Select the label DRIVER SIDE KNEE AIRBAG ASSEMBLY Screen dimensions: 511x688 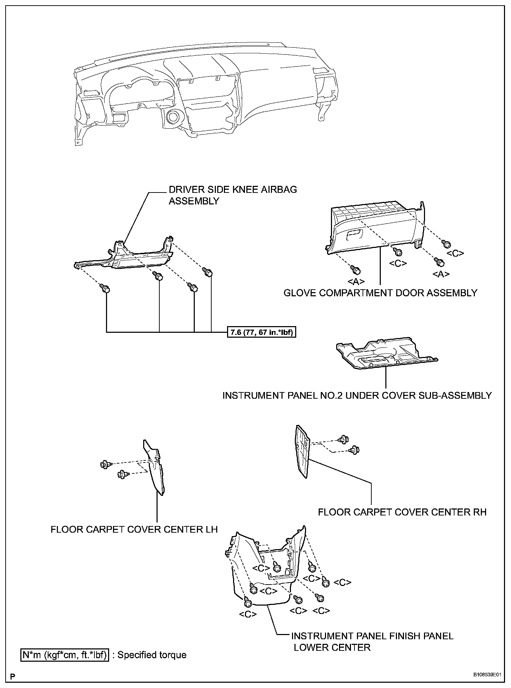coord(233,195)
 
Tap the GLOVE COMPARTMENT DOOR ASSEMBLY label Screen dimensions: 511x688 coord(380,293)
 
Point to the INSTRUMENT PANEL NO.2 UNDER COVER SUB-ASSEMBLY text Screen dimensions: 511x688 coord(357,395)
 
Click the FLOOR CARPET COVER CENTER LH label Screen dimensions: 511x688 coord(134,529)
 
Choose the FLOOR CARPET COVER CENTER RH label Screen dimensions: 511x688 coord(402,512)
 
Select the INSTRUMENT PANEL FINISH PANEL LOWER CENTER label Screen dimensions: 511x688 coord(372,641)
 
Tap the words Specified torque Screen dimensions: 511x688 coord(152,655)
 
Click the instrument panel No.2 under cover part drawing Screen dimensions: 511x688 coord(386,354)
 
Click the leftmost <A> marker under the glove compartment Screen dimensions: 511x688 coord(356,281)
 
